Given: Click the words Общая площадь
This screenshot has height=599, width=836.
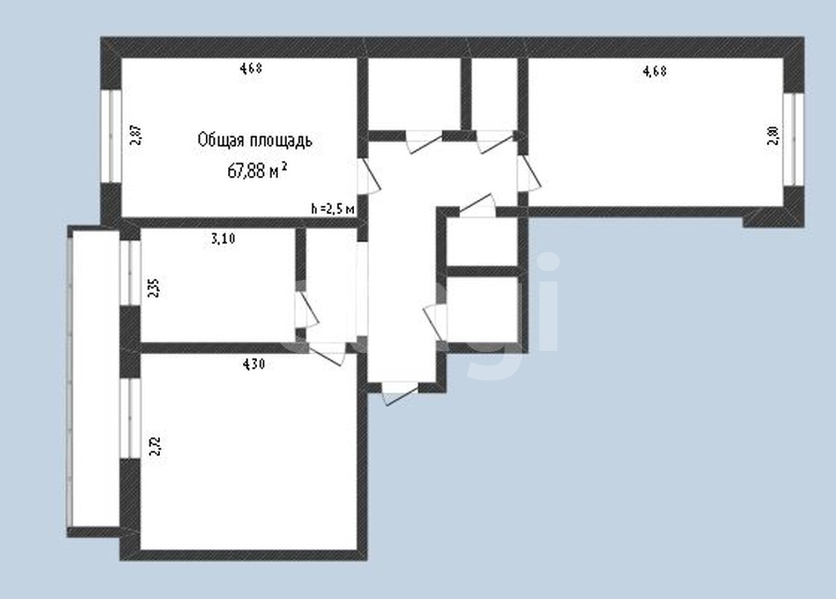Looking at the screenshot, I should (254, 140).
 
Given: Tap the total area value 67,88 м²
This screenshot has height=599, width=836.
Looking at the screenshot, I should (257, 170).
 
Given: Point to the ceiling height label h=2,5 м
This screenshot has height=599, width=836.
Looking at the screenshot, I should (333, 209).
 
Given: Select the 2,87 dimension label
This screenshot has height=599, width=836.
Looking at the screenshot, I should (136, 135).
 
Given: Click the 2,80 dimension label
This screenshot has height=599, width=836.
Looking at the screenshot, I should (773, 136).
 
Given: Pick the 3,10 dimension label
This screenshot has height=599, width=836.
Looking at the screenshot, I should (223, 239).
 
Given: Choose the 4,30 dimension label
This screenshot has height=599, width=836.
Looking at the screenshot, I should (254, 364).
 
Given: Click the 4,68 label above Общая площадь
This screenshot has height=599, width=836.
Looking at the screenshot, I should (251, 69).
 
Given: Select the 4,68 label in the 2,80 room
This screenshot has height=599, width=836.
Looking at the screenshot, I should (654, 71).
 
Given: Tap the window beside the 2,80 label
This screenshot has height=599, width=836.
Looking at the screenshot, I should (793, 139).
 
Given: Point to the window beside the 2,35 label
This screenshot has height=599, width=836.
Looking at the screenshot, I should (131, 272).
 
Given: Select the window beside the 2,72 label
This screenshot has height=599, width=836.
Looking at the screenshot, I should (131, 418).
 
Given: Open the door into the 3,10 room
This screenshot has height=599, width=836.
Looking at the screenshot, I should (305, 311).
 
